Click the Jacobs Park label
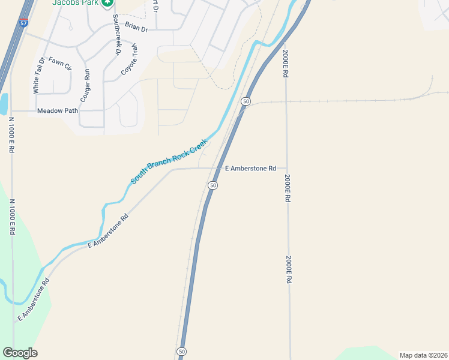[x=74, y=3]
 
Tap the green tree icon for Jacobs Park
[x=107, y=3]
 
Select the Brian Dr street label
[x=136, y=26]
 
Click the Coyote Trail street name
[x=129, y=58]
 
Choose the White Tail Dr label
[x=39, y=75]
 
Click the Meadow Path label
[x=57, y=111]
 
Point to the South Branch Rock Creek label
[x=169, y=161]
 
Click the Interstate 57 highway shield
[x=23, y=23]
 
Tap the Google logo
[x=20, y=353]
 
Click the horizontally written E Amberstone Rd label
[x=250, y=169]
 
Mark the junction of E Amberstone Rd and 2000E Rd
[x=286, y=169]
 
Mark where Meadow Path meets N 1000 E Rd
[x=11, y=111]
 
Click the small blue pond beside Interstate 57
[x=3, y=104]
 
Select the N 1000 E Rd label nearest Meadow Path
[x=11, y=135]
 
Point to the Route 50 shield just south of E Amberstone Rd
[x=213, y=185]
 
